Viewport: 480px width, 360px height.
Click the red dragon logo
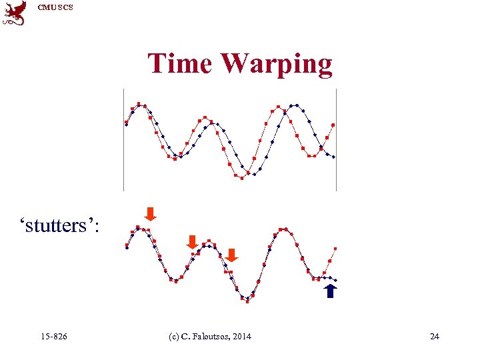(x=15, y=13)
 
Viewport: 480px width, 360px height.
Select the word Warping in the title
(x=277, y=64)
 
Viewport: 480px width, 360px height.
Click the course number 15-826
(x=53, y=336)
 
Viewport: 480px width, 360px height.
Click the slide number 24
(x=435, y=336)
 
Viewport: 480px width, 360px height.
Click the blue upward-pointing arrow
(x=331, y=291)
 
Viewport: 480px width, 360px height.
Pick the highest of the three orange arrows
(x=151, y=213)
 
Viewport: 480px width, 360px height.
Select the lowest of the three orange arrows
(x=231, y=255)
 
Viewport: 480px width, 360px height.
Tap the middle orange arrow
(x=192, y=241)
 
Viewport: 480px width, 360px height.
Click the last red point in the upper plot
(x=333, y=125)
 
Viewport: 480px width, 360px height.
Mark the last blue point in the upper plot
(x=334, y=157)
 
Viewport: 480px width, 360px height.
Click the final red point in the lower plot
(x=335, y=249)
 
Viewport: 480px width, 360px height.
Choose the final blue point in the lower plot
(x=335, y=280)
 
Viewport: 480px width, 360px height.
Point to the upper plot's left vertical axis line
(x=123, y=140)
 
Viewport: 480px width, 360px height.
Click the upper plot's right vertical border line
(x=336, y=140)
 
